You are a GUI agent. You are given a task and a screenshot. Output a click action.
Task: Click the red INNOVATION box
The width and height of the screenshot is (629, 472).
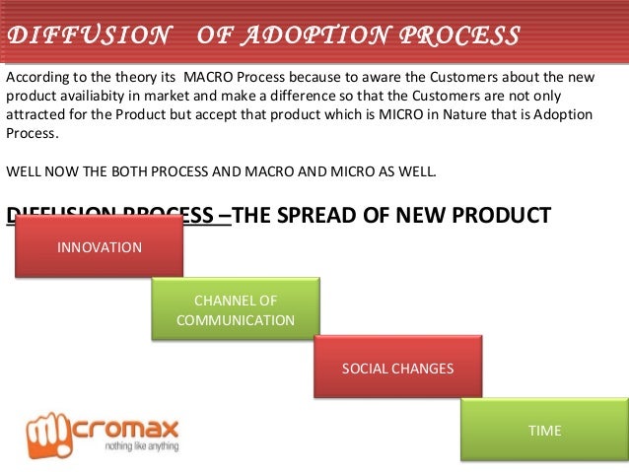(x=99, y=246)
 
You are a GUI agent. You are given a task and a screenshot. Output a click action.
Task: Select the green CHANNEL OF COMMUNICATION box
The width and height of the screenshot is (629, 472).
(x=235, y=309)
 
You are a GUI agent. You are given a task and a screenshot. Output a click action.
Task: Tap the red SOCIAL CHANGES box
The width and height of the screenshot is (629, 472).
(x=397, y=369)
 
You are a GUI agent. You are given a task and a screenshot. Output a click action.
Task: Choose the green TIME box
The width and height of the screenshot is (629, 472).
(x=544, y=431)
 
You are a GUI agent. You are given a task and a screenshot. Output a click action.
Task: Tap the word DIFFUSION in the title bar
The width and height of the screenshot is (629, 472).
(x=88, y=35)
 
